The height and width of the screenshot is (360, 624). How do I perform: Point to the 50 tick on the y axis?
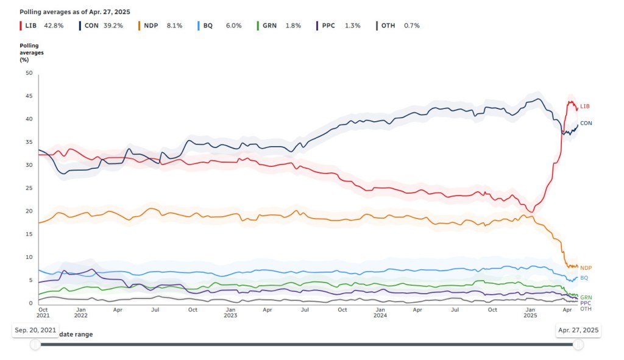pos(29,73)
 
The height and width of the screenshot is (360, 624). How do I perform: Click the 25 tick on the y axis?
pos(29,188)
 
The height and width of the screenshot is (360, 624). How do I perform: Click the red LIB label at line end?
pos(585,106)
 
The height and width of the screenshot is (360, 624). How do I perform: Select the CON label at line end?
pos(586,123)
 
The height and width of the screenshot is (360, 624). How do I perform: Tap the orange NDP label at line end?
pos(586,268)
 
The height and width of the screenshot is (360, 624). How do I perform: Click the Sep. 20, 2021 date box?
pos(36,330)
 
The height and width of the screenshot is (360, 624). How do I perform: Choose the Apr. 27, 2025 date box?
pos(578,330)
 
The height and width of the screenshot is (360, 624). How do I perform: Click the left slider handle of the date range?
pos(36,345)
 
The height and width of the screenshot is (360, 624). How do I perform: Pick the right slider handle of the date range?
pos(578,345)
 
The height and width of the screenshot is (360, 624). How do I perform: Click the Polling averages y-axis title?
pos(32,52)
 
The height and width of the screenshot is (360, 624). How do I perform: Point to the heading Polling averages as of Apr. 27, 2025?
pos(74,12)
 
